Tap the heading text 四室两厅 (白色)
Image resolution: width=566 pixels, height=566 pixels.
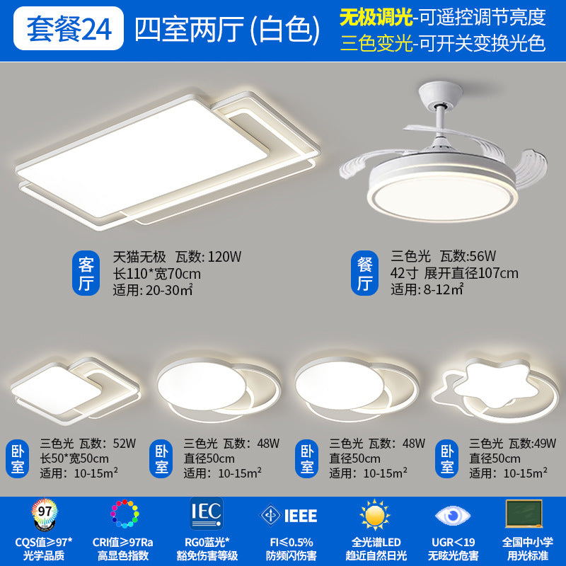coord(222,29)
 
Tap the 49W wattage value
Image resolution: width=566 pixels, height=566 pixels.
coord(542,444)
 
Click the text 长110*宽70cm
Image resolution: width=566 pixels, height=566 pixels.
coord(157,274)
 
